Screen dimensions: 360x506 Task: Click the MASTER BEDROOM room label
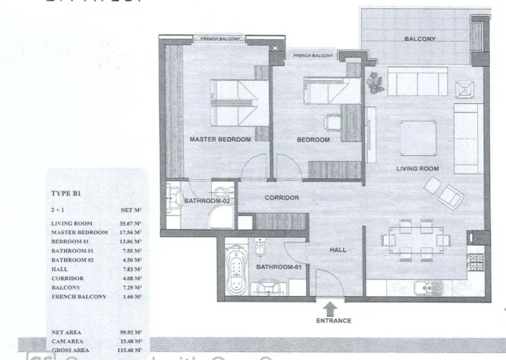coord(220,139)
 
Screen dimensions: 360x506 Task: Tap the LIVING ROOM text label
coord(419,169)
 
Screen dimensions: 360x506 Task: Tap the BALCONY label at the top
coord(420,38)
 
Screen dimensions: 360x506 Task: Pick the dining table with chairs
coord(414,238)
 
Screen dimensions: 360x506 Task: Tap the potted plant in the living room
coord(374,81)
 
